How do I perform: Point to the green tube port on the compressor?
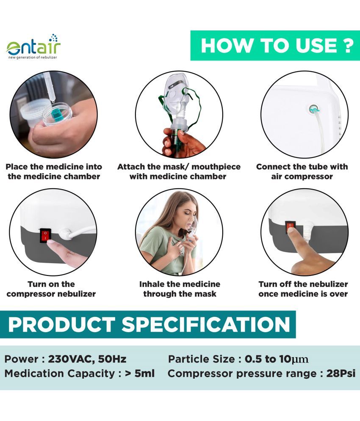tap(313, 109)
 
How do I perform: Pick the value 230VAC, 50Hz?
tap(87, 360)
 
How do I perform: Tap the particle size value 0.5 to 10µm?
tap(277, 360)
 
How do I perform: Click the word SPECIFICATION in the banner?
tap(206, 325)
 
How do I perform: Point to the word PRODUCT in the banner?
tap(61, 325)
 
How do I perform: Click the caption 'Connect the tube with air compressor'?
tap(302, 171)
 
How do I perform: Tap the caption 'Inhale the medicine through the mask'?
tap(180, 289)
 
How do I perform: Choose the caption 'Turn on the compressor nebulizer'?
tap(51, 289)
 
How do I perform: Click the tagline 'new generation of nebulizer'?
tap(33, 57)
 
